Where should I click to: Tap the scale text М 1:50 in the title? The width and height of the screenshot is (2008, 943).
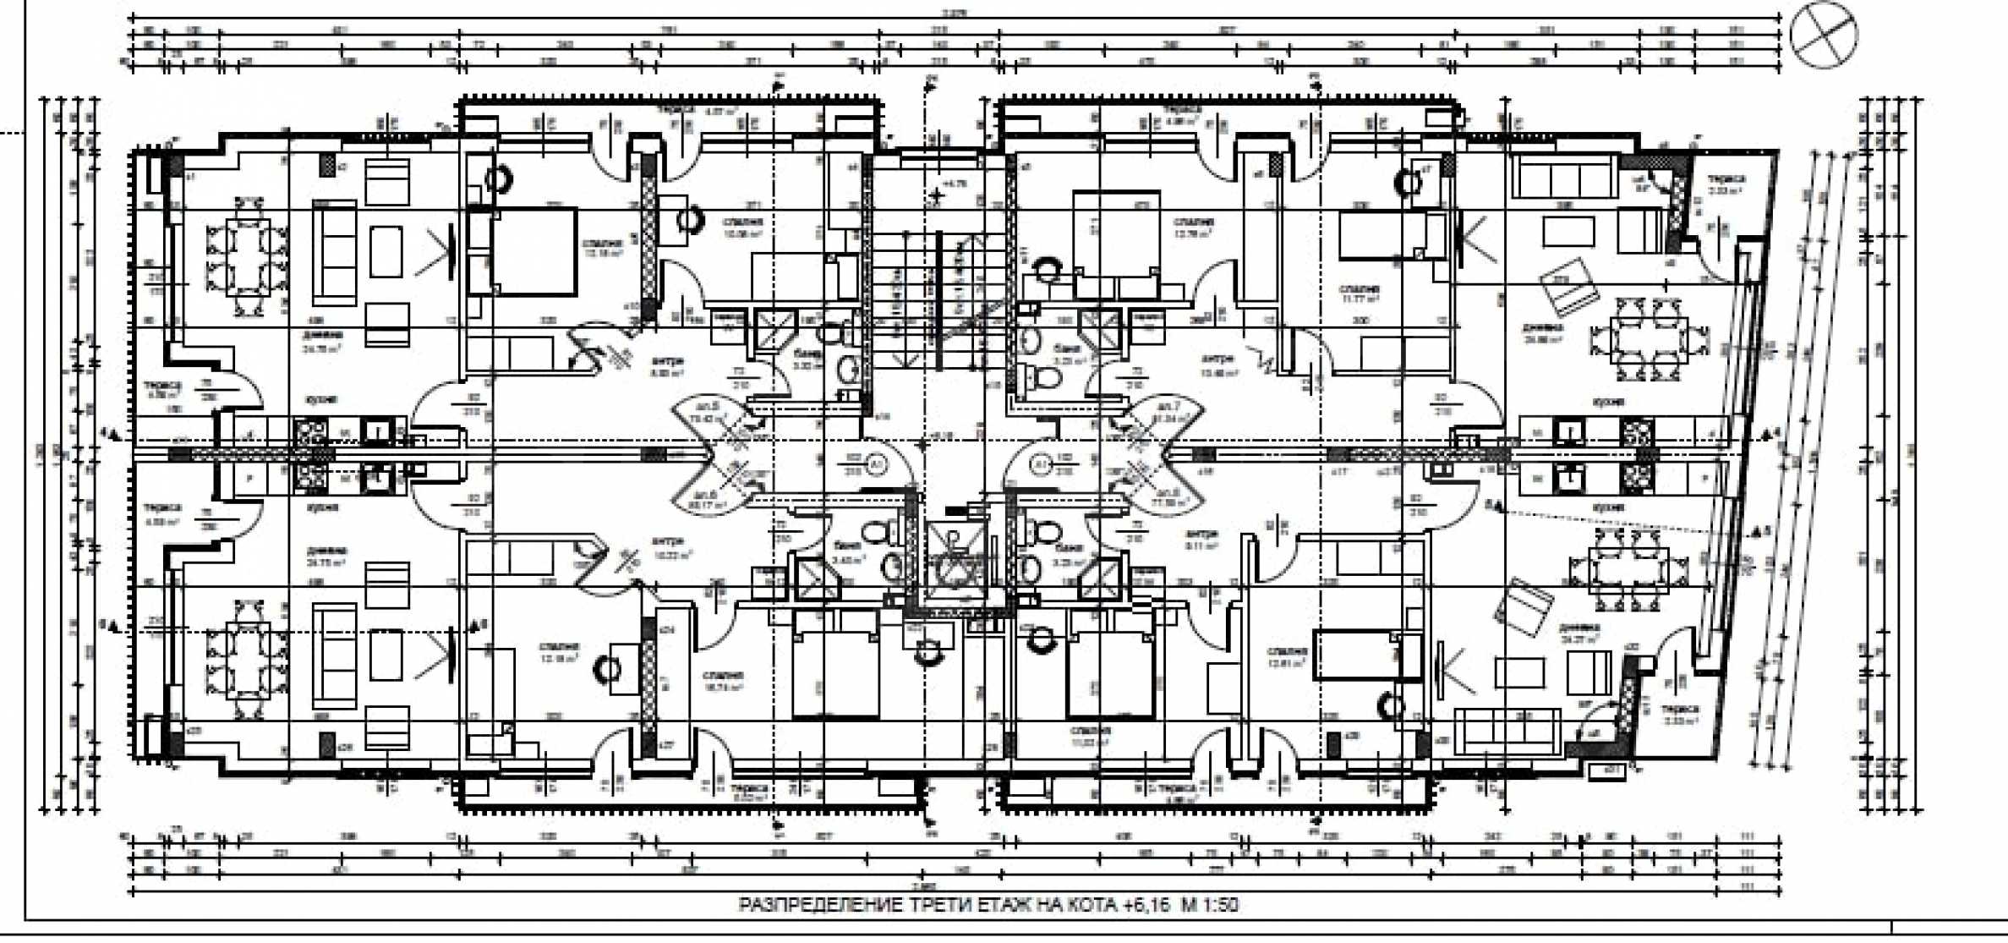pos(1210,905)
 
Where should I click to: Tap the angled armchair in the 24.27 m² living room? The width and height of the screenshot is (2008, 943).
pos(1528,608)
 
